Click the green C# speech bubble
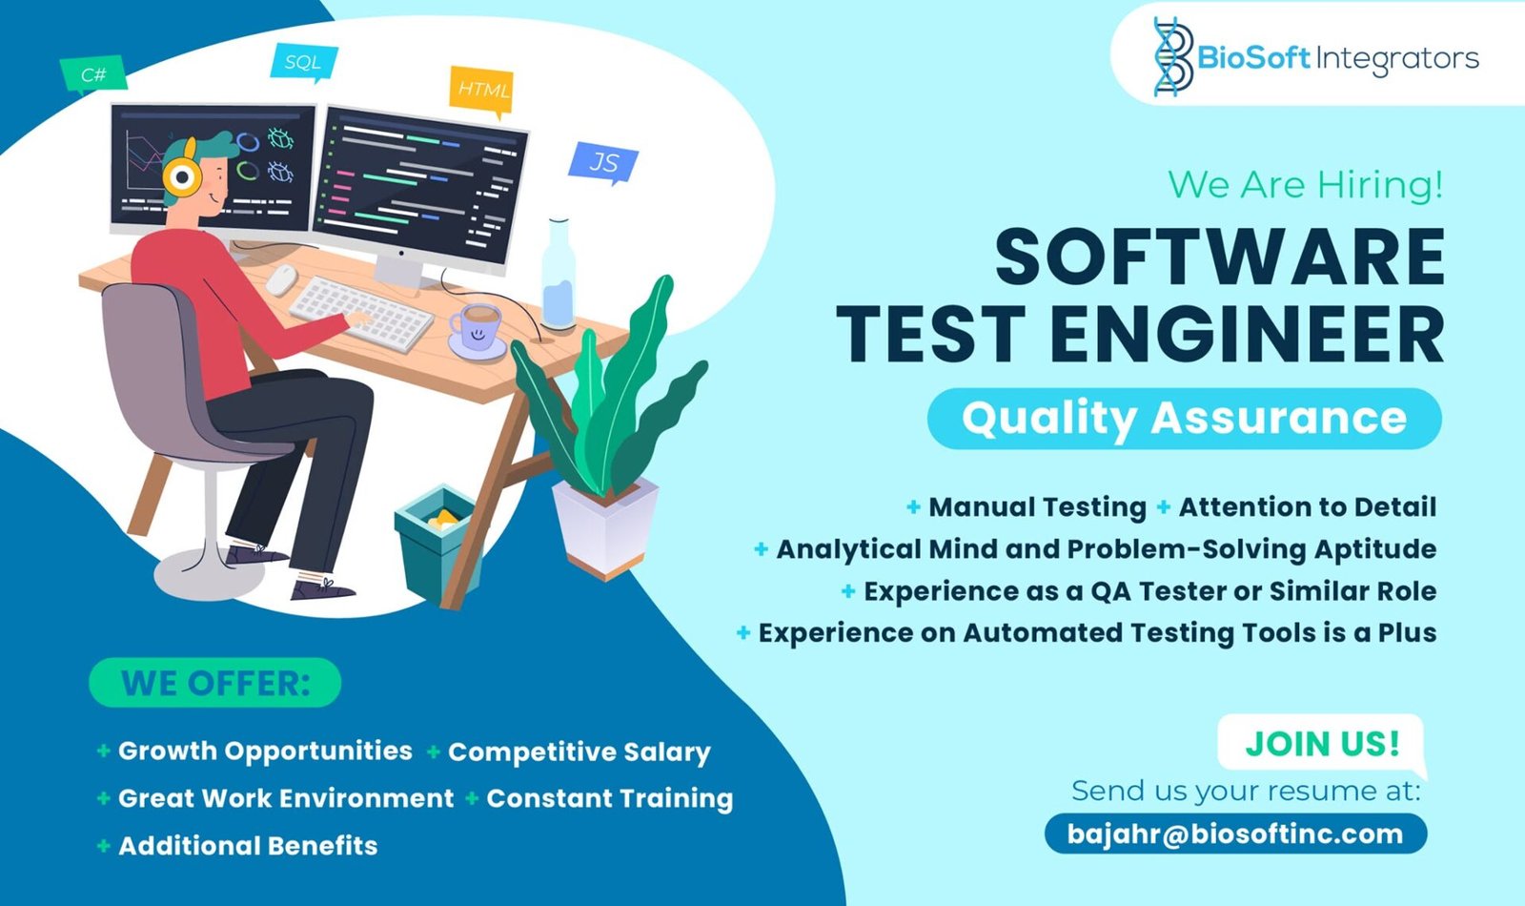coord(93,73)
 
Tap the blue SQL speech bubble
coord(304,62)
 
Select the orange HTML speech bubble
coord(481,90)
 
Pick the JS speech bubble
coord(603,162)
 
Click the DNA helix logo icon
coord(1173,56)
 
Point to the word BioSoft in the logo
coord(1253,58)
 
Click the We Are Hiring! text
coord(1305,185)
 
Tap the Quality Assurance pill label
coord(1185,419)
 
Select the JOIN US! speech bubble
coord(1321,745)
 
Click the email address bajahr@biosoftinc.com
coord(1235,834)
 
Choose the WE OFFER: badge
coord(215,683)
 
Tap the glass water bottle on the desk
coord(559,275)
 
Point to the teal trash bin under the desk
coord(436,543)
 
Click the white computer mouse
coord(281,279)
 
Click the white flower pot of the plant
coord(605,526)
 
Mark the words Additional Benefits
coord(248,846)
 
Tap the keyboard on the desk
coord(361,314)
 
